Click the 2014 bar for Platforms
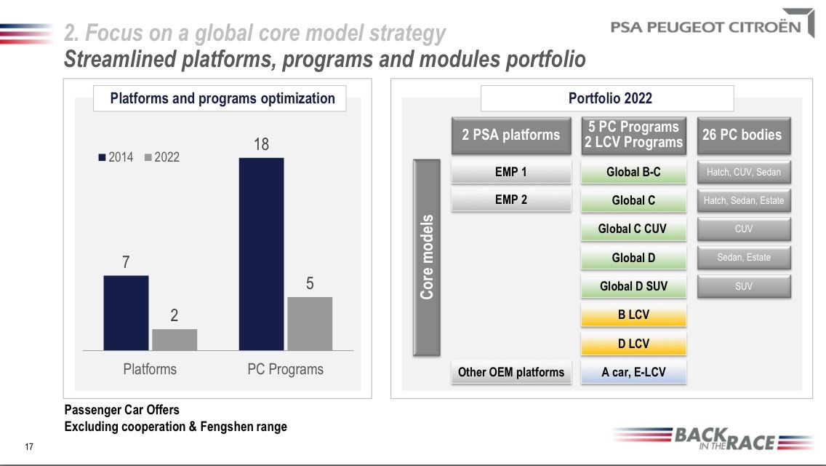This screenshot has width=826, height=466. [x=126, y=313]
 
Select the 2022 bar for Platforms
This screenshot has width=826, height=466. [x=175, y=339]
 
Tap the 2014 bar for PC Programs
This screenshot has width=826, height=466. [x=261, y=253]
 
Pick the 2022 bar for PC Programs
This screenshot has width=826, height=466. [x=310, y=323]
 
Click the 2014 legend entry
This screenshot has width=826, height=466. [x=116, y=157]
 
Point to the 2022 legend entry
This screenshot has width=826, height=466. [x=162, y=157]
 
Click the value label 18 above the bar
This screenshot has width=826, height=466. [x=261, y=144]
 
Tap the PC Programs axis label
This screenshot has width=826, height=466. [x=285, y=369]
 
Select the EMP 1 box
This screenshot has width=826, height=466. [x=511, y=172]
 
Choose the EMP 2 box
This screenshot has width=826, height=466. [x=511, y=200]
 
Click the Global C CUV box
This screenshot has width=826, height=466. [x=633, y=229]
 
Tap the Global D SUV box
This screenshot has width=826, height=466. [x=633, y=286]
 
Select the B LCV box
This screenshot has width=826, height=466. [x=633, y=315]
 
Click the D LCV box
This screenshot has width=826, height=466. [x=633, y=344]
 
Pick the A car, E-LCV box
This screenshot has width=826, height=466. [x=633, y=372]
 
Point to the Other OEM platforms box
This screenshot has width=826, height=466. [x=511, y=372]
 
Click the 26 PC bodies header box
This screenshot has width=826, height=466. [x=743, y=135]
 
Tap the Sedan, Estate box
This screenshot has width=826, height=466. [x=743, y=257]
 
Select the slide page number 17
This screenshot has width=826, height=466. [x=29, y=446]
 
